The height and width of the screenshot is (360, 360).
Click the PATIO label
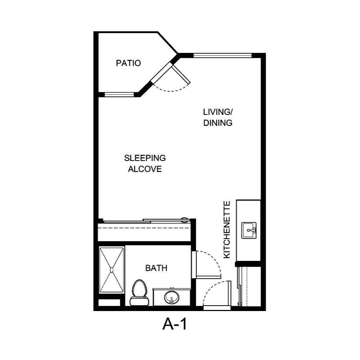128,63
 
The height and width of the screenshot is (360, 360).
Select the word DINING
218,123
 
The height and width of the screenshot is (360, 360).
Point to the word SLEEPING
145,158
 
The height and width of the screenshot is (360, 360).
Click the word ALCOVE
145,169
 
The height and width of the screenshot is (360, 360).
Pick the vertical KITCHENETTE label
227,230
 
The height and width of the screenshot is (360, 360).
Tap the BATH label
156,268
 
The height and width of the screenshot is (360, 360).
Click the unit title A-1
175,325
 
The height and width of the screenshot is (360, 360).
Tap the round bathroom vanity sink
171,298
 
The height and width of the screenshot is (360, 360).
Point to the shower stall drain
112,269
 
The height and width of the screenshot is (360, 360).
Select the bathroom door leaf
194,265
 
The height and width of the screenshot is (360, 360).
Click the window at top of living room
222,55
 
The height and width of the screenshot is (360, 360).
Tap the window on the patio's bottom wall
119,95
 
